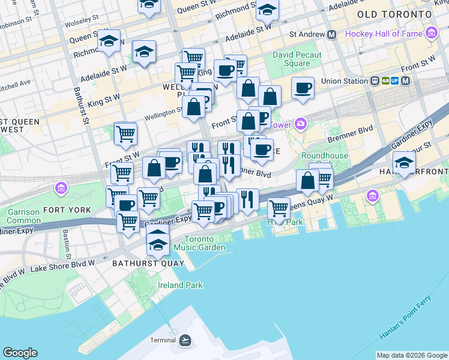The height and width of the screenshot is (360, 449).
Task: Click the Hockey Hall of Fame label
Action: coord(384,34)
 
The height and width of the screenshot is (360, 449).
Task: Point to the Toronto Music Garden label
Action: coord(205,243)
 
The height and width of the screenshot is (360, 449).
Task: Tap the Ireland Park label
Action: coord(179,286)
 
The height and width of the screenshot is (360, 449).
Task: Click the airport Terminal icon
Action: coord(185,340)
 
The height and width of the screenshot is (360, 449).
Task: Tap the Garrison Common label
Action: coord(23,216)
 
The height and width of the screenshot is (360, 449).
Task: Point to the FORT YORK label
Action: coord(67,210)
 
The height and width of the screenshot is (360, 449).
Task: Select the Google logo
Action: coord(20,353)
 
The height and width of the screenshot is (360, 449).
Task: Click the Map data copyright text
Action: coord(412,356)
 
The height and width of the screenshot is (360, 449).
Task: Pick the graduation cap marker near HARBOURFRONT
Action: coord(405,162)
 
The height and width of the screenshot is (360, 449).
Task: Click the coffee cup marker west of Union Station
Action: coord(303,88)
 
